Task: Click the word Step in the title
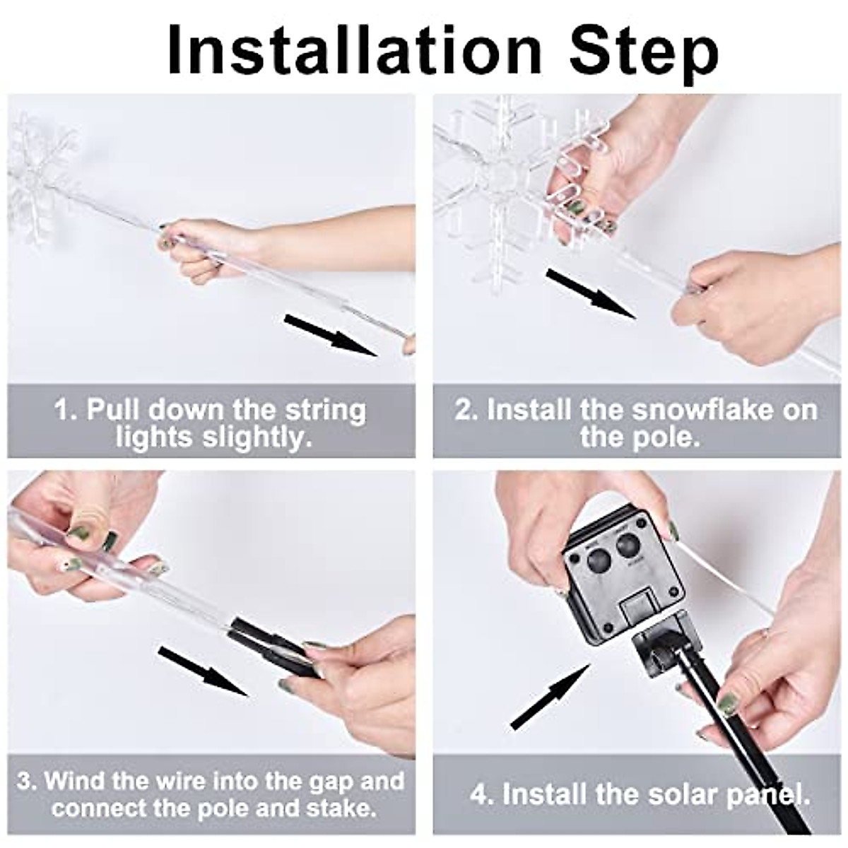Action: (x=644, y=51)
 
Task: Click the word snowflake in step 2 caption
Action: (x=713, y=409)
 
